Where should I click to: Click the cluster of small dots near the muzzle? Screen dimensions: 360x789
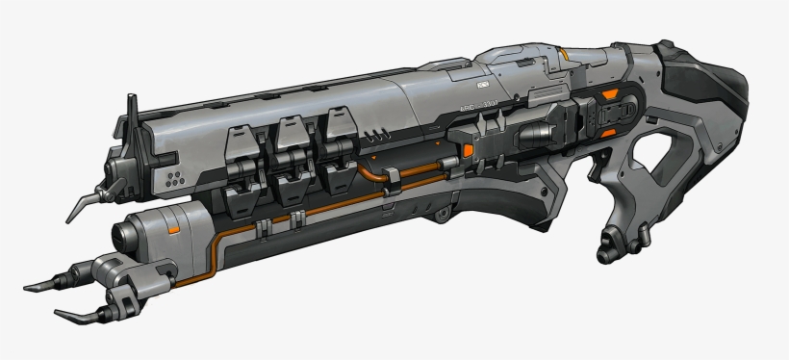174,177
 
